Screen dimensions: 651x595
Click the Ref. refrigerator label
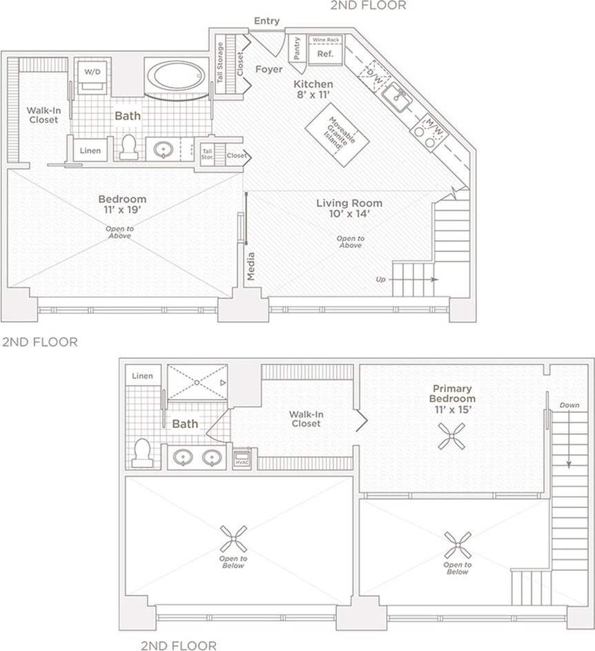[x=325, y=54]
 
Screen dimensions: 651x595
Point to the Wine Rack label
[x=325, y=40]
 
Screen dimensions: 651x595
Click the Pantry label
[x=297, y=49]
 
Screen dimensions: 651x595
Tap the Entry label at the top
[x=266, y=21]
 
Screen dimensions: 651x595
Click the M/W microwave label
[x=433, y=124]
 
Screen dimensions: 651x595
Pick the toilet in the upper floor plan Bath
[x=128, y=146]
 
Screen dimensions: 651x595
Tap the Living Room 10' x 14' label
[x=349, y=208]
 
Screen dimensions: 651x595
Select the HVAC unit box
[x=242, y=460]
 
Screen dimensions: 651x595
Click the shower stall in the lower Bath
[x=197, y=381]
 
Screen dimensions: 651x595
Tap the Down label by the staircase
[x=569, y=405]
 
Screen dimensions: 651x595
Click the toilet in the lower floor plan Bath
[x=142, y=453]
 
